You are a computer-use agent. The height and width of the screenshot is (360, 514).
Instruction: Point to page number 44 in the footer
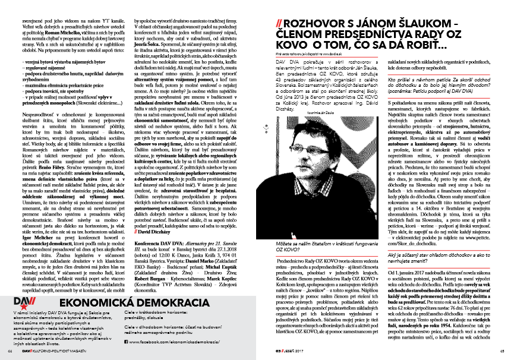tap(10, 351)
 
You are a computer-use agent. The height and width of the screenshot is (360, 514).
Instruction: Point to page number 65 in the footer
tap(503, 351)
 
